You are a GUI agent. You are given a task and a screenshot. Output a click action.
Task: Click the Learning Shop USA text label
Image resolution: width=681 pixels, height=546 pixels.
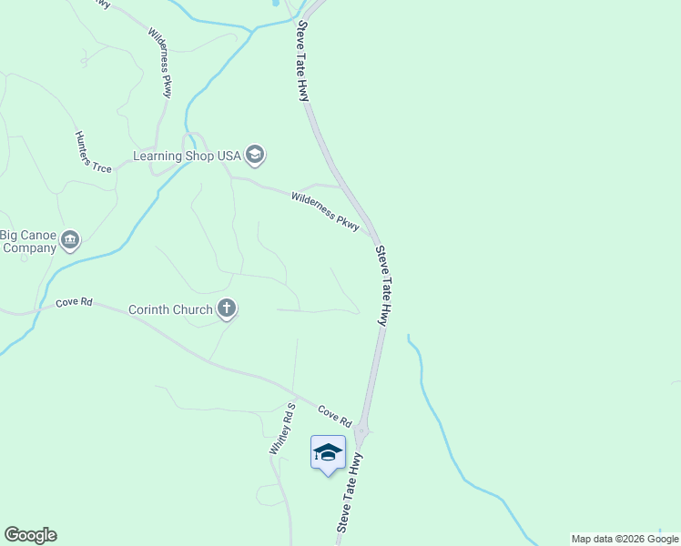point(187,156)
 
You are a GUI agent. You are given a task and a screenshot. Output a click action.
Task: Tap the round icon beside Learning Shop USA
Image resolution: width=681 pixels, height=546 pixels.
point(256,155)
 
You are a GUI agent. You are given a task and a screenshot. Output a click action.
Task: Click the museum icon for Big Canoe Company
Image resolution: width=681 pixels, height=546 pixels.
point(70,240)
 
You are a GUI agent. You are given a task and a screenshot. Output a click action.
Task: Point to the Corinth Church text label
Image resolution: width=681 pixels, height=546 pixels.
point(169,309)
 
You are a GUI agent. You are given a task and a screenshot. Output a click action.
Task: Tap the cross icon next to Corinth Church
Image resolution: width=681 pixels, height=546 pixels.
point(227,309)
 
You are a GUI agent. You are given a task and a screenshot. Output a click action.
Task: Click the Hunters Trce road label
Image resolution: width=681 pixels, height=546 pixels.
point(93,152)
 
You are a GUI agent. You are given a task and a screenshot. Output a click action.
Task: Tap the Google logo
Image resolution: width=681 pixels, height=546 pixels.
point(30,535)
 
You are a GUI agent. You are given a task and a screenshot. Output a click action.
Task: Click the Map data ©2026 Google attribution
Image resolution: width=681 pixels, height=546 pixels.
point(625,539)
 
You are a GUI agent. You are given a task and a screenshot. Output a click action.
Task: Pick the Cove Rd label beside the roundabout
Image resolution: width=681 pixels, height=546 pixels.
point(334,416)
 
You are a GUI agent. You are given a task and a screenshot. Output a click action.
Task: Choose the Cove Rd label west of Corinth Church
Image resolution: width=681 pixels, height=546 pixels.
point(74,301)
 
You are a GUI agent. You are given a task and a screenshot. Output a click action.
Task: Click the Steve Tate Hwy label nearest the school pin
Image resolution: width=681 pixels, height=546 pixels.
point(350,492)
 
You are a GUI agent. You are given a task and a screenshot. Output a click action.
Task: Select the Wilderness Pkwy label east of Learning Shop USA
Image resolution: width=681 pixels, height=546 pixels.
point(325,210)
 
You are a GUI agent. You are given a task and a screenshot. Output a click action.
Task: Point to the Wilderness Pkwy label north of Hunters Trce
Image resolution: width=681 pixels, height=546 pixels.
point(160,62)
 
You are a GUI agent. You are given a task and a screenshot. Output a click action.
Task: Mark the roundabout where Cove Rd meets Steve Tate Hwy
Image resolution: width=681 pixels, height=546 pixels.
point(361,430)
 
